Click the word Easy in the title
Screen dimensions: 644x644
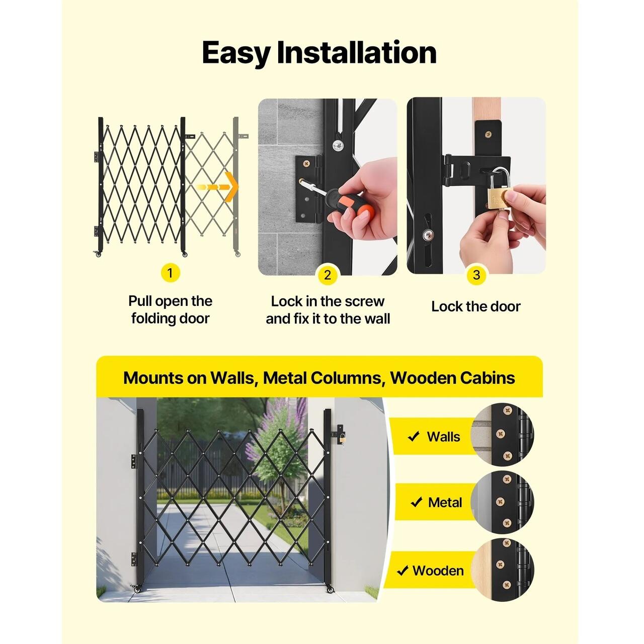[236, 53]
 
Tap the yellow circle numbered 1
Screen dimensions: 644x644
[170, 273]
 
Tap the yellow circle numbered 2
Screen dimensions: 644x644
[328, 275]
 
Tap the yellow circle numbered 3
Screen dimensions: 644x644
[476, 275]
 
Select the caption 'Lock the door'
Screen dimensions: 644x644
[476, 306]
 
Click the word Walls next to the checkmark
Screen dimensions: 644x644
[443, 437]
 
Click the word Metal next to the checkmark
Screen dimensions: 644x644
[445, 502]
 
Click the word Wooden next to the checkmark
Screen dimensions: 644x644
[438, 571]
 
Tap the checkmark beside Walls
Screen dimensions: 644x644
[414, 436]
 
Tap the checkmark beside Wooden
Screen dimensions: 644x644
[403, 571]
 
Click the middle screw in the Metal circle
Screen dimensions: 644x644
[500, 502]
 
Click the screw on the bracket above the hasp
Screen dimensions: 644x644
[488, 135]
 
